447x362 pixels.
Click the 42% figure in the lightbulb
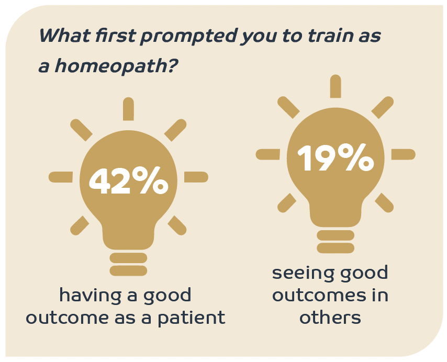129,180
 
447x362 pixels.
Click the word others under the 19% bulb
330,318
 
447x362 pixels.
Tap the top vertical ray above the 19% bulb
336,86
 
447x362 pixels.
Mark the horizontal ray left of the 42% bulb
61,177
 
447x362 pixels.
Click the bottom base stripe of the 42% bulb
128,271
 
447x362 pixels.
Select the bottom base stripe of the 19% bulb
336,248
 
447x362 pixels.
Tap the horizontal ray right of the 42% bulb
196,177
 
